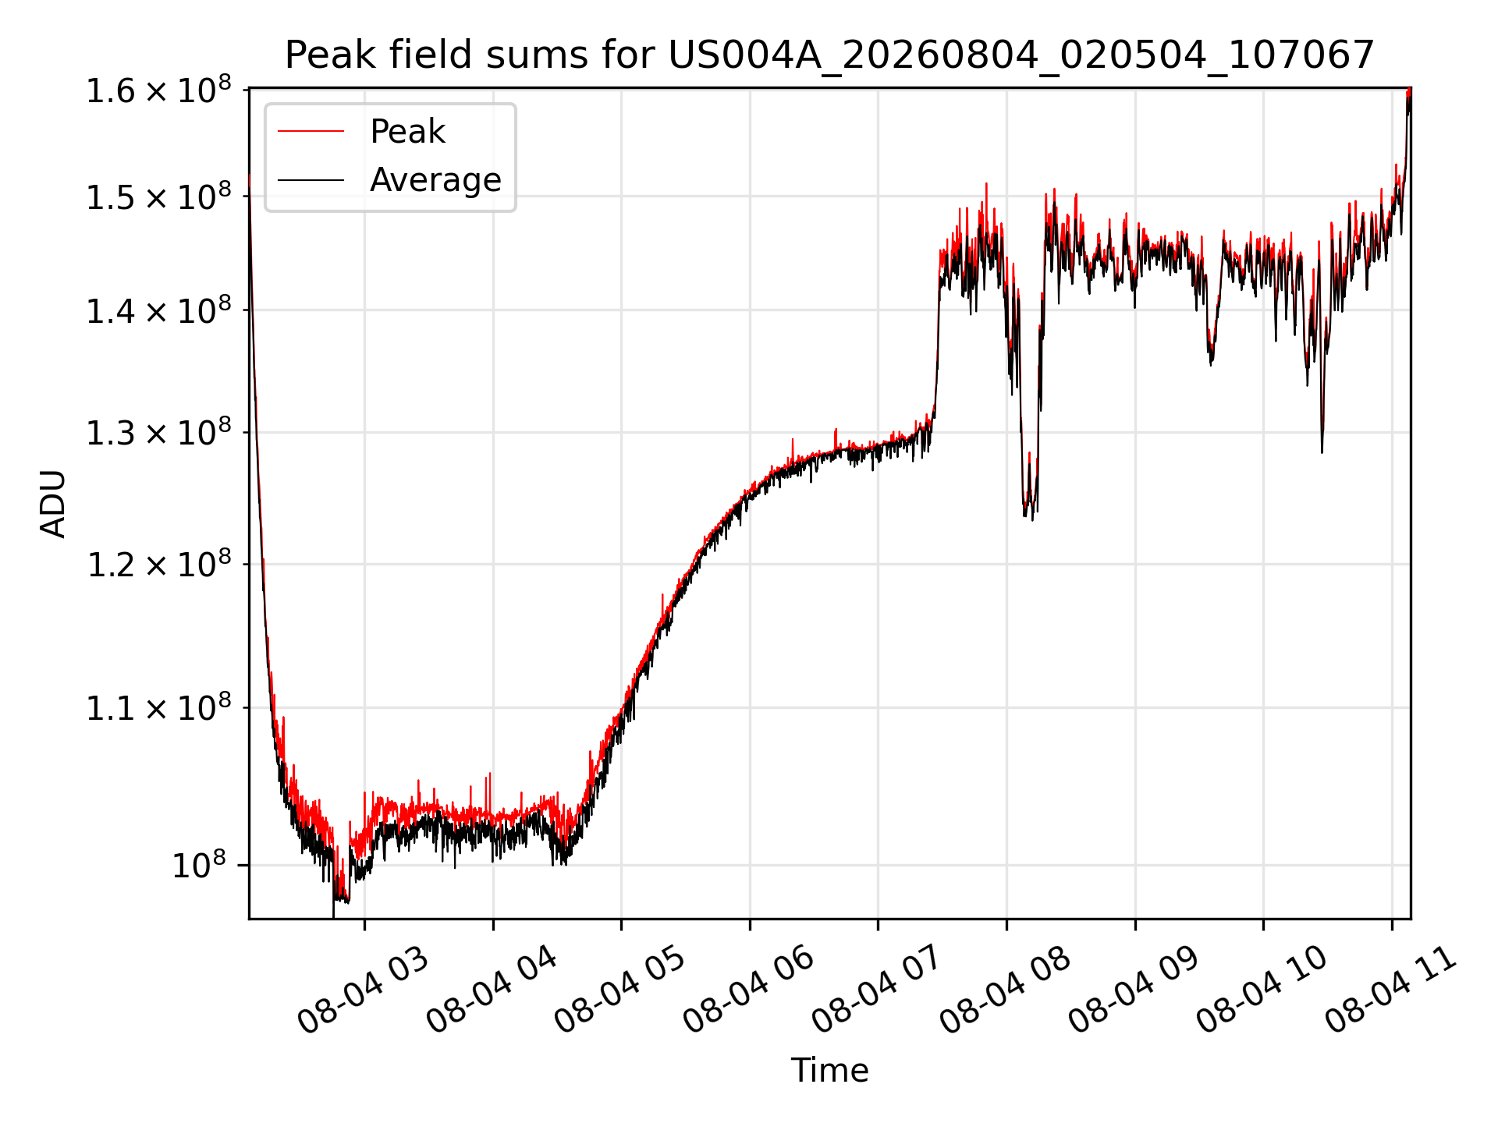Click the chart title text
[829, 55]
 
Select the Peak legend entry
[407, 132]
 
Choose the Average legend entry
[435, 180]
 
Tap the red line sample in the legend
[311, 131]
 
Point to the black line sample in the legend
[311, 180]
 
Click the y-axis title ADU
[53, 504]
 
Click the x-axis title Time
[829, 1071]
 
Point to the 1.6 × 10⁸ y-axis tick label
[158, 90]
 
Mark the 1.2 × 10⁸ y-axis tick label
[158, 564]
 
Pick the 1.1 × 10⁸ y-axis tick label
[158, 708]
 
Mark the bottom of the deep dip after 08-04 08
[1032, 519]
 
